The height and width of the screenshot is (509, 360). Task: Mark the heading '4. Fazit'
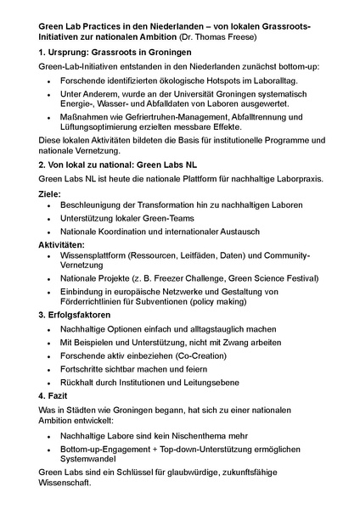click(x=55, y=395)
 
